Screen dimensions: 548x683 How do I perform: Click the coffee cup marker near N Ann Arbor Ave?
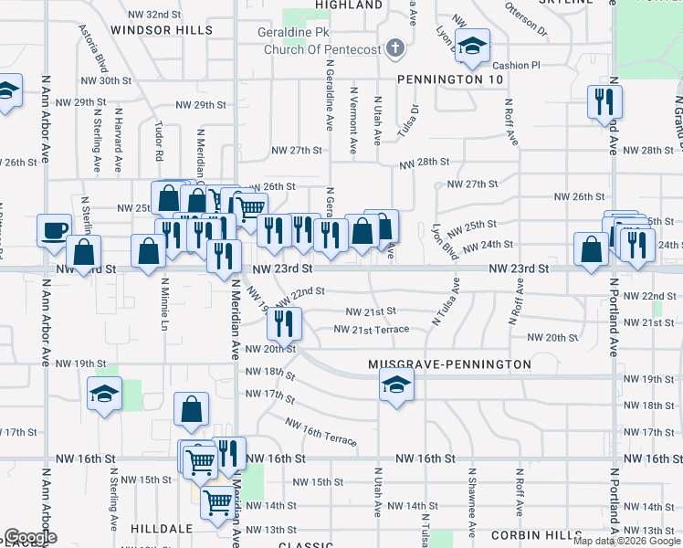(54, 229)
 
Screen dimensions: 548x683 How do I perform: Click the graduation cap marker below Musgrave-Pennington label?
(396, 385)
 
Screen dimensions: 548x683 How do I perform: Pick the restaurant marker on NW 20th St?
(284, 321)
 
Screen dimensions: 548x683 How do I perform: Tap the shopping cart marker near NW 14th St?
(217, 501)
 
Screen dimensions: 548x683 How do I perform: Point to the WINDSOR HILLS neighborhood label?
(161, 30)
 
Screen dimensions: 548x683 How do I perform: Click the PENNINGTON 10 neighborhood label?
(450, 79)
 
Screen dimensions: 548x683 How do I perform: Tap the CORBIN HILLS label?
(535, 534)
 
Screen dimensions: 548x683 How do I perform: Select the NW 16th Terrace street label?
(320, 432)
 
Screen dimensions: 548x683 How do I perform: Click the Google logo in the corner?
(30, 537)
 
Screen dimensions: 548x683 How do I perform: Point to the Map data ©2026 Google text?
(626, 541)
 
